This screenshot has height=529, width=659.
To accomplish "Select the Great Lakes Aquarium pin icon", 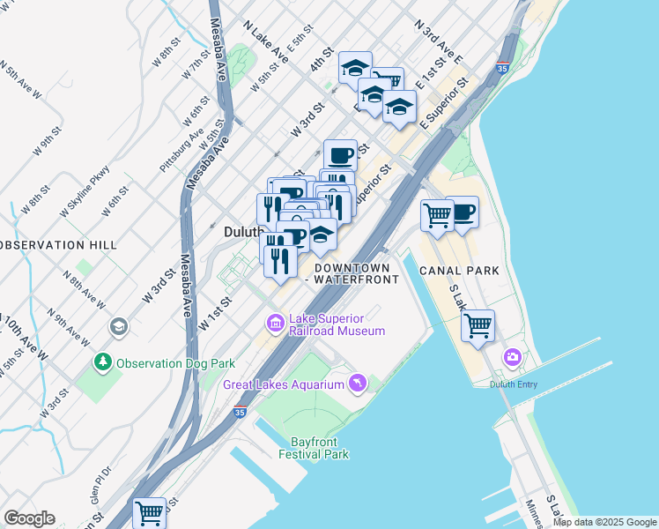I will [x=357, y=383].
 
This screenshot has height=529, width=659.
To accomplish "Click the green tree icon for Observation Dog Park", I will [x=104, y=362].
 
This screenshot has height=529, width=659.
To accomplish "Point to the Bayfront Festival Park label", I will [x=314, y=448].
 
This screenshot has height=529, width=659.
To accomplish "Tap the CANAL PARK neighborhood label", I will [x=459, y=271].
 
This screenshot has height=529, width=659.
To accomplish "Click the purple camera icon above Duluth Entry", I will [x=512, y=357].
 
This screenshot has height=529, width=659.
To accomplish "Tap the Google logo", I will [x=29, y=518].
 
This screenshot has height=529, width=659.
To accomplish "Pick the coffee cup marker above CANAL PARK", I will [x=463, y=212].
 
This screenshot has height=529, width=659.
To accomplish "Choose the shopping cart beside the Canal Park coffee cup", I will [x=437, y=214].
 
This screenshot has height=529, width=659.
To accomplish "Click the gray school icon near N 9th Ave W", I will [x=117, y=328].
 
